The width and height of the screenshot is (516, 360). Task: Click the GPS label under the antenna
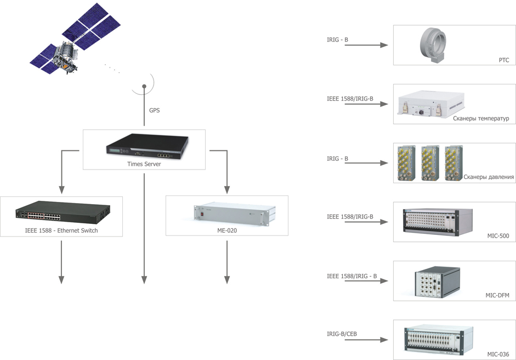[x=155, y=110]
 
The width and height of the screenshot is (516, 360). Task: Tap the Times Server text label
[x=144, y=164]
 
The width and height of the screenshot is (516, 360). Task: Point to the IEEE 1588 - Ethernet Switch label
[x=61, y=230]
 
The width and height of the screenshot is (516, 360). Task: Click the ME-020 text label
[x=227, y=230]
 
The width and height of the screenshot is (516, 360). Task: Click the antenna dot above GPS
[x=144, y=86]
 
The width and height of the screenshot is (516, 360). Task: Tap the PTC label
[x=503, y=60]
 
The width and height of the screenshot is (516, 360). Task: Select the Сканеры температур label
[x=481, y=119]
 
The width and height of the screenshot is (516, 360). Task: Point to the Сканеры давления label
[x=488, y=177]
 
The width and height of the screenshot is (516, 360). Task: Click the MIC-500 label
[x=498, y=236]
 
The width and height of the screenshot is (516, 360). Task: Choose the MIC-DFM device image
[x=436, y=281]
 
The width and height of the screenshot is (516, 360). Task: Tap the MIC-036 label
[x=498, y=355]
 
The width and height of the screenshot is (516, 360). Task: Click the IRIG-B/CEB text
[x=342, y=334]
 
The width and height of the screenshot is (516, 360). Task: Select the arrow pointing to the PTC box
[x=366, y=45]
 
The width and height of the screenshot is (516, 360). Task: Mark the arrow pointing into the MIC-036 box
[x=366, y=340]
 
